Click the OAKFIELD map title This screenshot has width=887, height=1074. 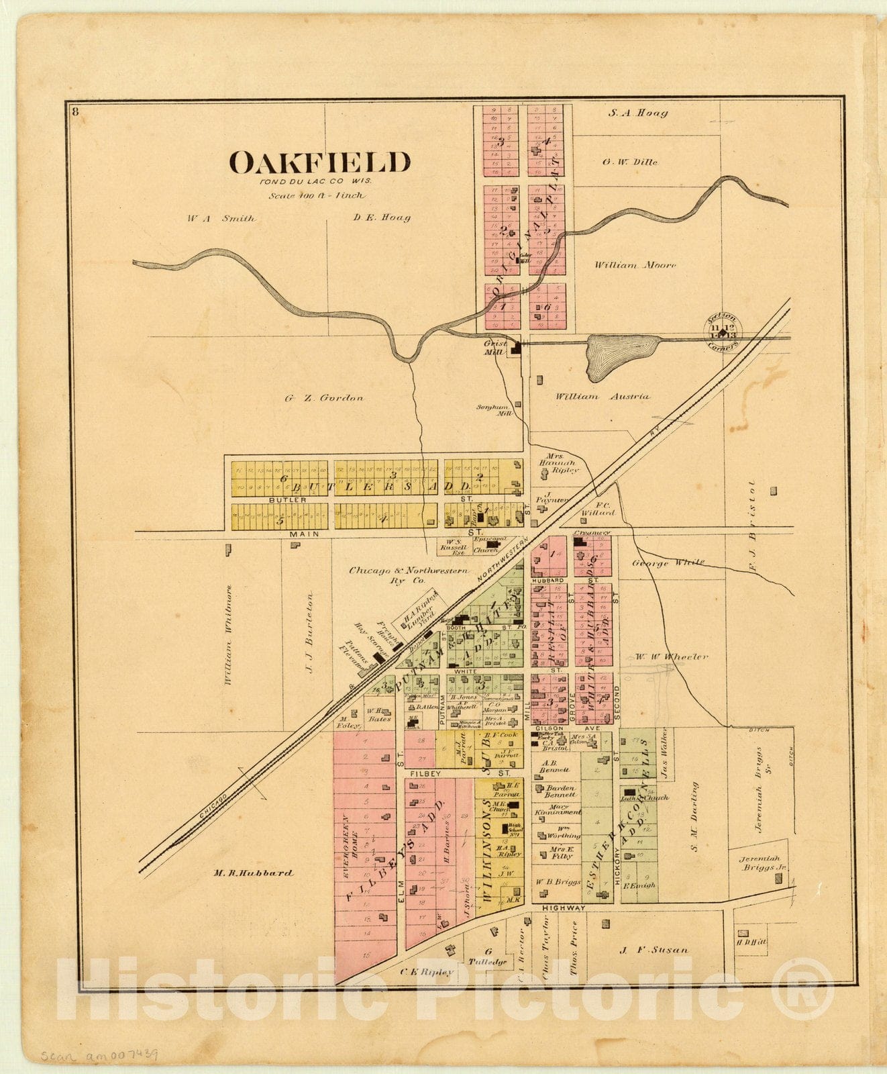click(319, 163)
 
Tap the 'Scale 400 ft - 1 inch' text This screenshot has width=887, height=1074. click(317, 196)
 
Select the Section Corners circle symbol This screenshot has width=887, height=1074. click(723, 330)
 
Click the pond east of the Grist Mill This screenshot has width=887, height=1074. click(621, 356)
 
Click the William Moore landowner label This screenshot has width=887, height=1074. click(635, 265)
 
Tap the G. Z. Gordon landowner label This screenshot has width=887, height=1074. click(324, 398)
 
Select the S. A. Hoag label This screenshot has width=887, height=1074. click(637, 113)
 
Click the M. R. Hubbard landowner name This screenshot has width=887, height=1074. click(253, 873)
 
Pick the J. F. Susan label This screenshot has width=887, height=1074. click(653, 950)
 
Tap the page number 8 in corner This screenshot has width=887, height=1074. click(75, 111)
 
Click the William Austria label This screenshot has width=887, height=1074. click(602, 397)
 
